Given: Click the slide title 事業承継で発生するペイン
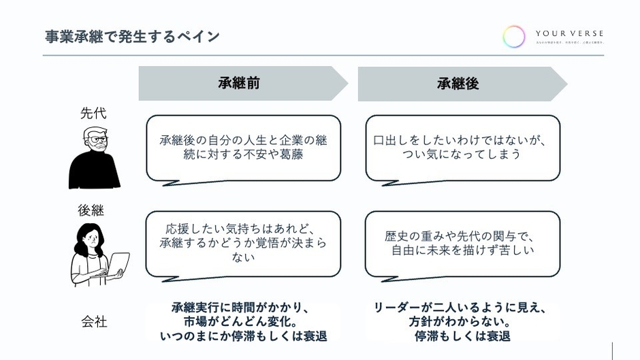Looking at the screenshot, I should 132,36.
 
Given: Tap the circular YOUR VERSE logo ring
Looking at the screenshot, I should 514,36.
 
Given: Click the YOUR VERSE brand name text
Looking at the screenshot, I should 569,33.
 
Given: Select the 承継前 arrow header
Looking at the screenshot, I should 238,83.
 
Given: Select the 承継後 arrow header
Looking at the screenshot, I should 458,83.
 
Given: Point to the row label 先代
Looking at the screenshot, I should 94,113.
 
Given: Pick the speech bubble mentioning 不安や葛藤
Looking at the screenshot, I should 243,148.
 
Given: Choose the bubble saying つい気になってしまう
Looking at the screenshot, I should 462,148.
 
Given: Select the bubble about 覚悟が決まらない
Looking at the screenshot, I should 243,243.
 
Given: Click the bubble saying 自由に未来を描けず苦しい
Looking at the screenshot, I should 462,243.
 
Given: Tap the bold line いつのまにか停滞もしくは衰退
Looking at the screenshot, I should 243,336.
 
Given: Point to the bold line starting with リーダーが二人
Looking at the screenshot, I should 462,308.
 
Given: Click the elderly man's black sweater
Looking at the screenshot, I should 94,170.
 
